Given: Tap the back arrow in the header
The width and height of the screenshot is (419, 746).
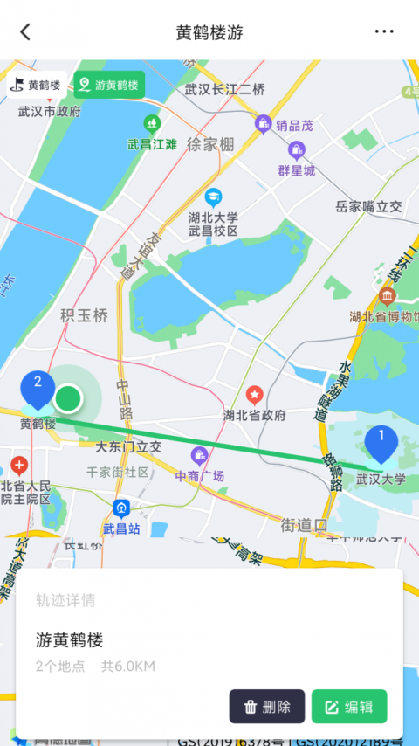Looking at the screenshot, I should (x=25, y=31).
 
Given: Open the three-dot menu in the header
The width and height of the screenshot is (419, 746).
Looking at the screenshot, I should (x=384, y=31).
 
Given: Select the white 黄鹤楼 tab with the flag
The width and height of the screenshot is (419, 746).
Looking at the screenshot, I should (x=36, y=85).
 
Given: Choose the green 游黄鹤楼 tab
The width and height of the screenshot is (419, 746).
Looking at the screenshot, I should (x=109, y=85).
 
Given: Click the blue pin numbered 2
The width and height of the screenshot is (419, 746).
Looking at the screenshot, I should (x=38, y=387).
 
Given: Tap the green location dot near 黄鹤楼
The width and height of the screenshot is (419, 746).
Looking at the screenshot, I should (x=68, y=399).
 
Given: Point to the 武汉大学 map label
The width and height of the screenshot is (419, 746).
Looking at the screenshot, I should (x=381, y=479).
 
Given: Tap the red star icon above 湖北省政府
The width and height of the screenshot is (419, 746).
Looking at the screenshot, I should (x=254, y=396).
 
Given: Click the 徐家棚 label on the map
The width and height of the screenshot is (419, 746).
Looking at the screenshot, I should (x=210, y=144).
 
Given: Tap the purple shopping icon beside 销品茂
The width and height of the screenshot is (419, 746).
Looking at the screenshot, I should (x=263, y=125).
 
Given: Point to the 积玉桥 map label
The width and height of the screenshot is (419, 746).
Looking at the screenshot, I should (x=84, y=314).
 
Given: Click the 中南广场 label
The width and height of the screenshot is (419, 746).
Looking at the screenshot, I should (x=200, y=476).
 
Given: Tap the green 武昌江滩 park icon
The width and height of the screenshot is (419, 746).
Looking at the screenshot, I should (x=153, y=123).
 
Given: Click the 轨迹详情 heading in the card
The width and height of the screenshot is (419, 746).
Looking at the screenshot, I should (x=65, y=600).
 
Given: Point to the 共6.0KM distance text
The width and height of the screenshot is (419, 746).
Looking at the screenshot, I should (x=127, y=667).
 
